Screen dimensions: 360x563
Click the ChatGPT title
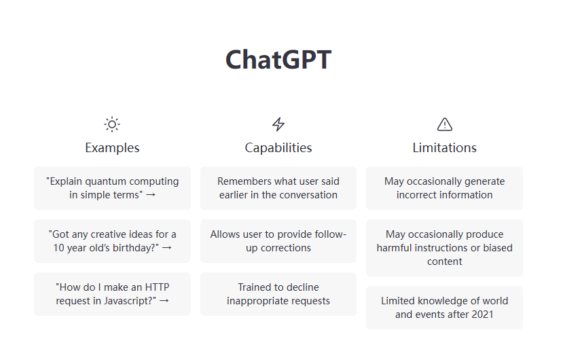pyautogui.click(x=278, y=60)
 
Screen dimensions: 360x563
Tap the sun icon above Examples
pyautogui.click(x=112, y=124)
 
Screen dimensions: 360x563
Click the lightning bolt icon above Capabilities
pyautogui.click(x=278, y=124)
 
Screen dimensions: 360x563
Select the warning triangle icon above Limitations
pyautogui.click(x=445, y=124)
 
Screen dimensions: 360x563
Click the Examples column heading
pyautogui.click(x=112, y=147)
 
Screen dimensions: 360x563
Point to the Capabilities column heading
pyautogui.click(x=278, y=147)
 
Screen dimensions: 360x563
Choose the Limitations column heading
pyautogui.click(x=445, y=147)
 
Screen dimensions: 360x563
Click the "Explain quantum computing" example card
pyautogui.click(x=112, y=188)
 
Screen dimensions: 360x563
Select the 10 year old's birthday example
pyautogui.click(x=112, y=241)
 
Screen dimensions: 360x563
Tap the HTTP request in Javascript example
pyautogui.click(x=112, y=294)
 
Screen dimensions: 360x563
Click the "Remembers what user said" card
pyautogui.click(x=278, y=188)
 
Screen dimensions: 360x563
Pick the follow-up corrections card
pyautogui.click(x=278, y=241)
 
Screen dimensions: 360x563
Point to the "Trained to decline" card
pyautogui.click(x=278, y=294)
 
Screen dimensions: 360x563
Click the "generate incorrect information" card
pyautogui.click(x=445, y=188)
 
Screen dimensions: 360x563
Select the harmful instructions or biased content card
pyautogui.click(x=445, y=248)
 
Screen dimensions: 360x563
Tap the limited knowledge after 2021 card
pyautogui.click(x=445, y=308)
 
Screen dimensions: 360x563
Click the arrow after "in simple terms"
pyautogui.click(x=151, y=195)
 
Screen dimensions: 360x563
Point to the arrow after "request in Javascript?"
pyautogui.click(x=163, y=301)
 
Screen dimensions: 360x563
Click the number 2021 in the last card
pyautogui.click(x=481, y=314)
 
